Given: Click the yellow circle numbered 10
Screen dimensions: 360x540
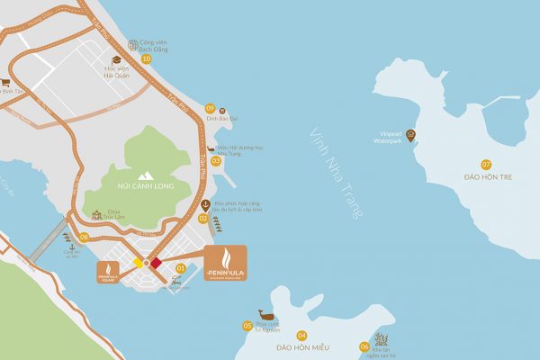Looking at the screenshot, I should click(146, 58).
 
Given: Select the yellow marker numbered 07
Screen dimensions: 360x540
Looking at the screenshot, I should click(486, 164).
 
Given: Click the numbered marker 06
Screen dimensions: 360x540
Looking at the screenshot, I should click(364, 346).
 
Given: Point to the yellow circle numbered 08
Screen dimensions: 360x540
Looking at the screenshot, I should click(84, 238).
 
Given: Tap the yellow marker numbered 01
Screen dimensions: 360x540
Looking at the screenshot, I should click(181, 267).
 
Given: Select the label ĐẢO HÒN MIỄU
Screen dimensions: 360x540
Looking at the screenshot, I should click(302, 347).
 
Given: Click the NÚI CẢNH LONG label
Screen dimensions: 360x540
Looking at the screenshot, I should click(143, 186).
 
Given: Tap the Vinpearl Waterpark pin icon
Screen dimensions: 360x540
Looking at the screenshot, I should click(410, 135).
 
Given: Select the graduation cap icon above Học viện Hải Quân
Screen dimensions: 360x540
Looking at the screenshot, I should click(116, 59).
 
